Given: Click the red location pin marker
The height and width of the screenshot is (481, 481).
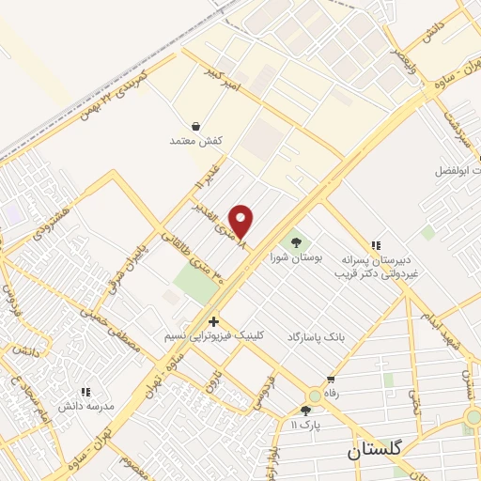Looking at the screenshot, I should (x=242, y=221).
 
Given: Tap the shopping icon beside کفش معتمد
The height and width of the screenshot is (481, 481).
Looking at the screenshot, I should (x=195, y=126).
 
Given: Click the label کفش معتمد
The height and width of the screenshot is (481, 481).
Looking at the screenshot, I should (x=194, y=141).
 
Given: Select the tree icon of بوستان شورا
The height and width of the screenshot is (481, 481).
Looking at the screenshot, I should (x=298, y=239).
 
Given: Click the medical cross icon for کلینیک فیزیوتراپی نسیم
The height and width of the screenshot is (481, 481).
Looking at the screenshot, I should (x=214, y=321).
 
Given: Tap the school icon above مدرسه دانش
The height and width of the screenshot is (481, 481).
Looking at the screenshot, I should (x=85, y=392).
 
